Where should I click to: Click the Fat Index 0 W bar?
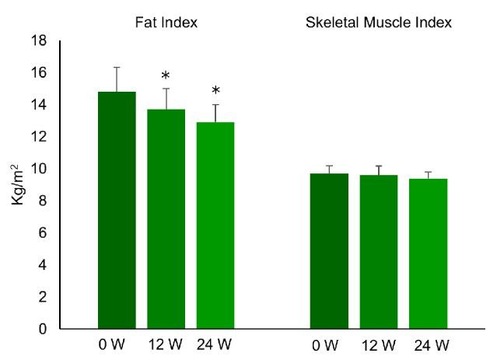tap(117, 210)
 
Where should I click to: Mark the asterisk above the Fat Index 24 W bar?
tap(215, 92)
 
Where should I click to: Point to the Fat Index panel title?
tap(166, 23)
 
